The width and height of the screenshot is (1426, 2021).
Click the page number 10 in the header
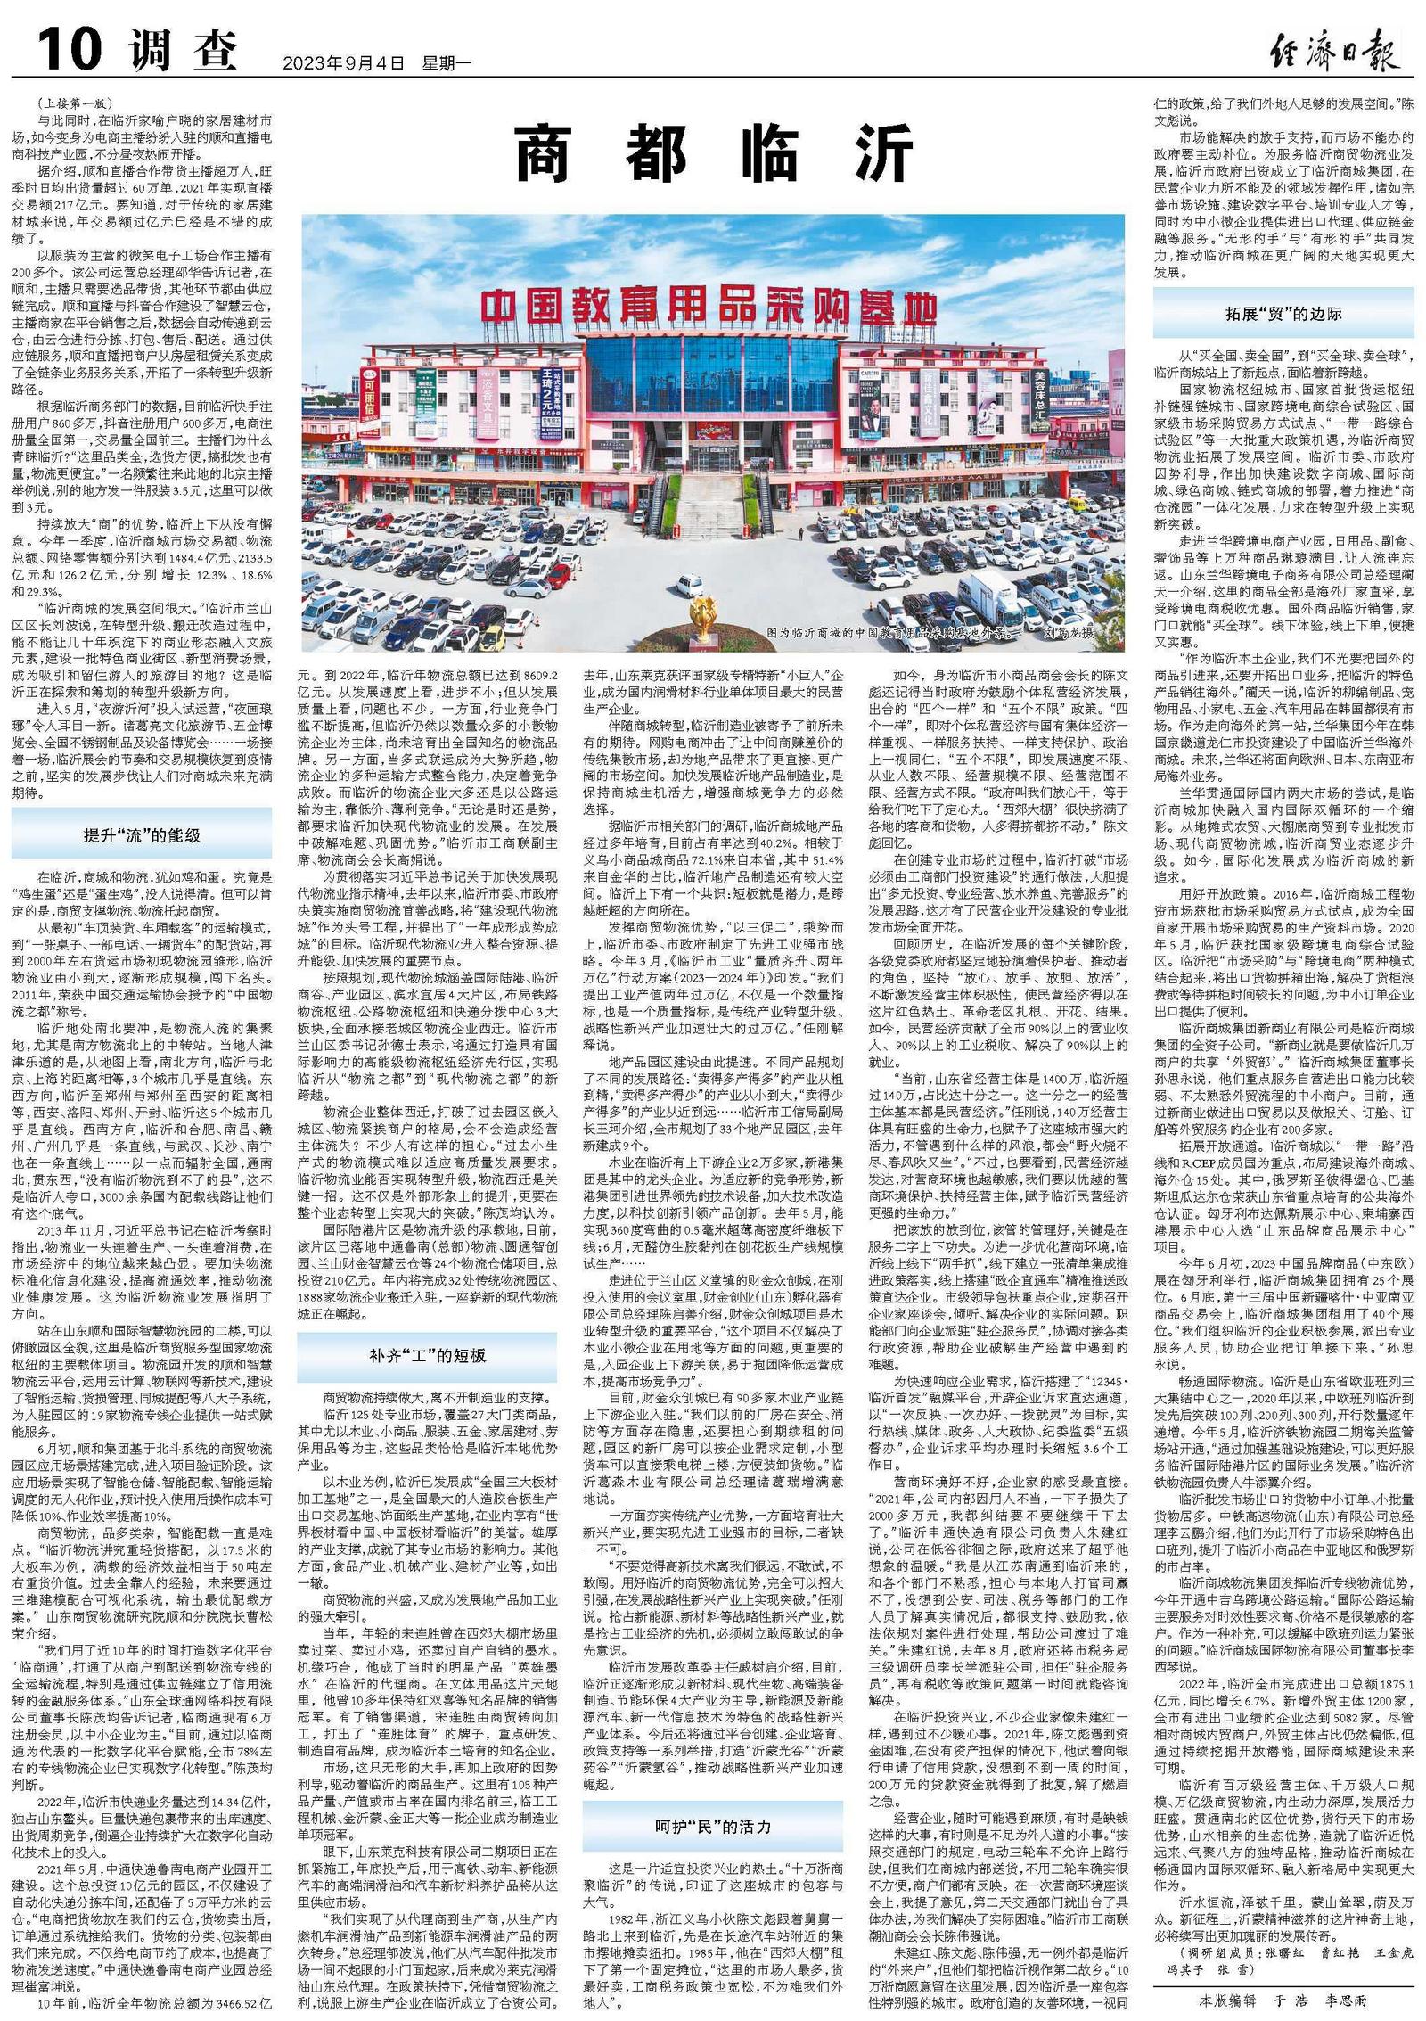68,48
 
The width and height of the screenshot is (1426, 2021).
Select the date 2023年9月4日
342,63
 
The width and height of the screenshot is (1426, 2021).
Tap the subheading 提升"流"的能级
142,834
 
